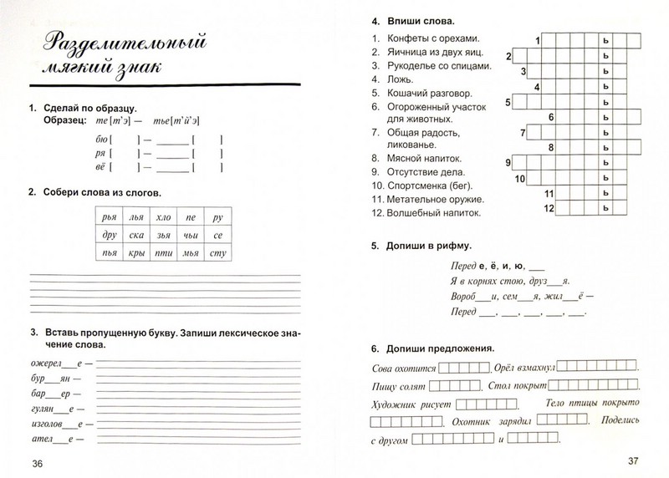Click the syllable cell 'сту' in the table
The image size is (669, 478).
click(217, 252)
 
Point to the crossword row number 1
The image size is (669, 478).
click(538, 40)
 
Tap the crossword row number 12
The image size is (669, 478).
click(549, 208)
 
